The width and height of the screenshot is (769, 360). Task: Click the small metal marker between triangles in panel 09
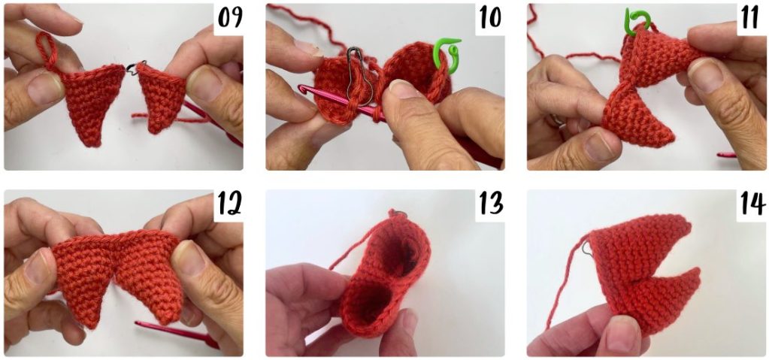pos(133,68)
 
